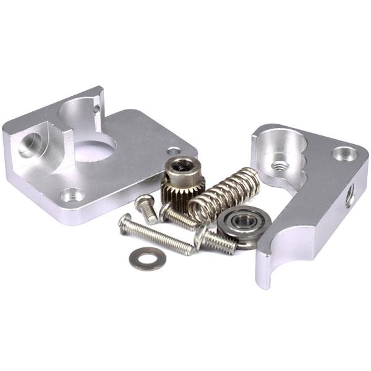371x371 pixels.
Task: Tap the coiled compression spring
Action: click(x=224, y=192)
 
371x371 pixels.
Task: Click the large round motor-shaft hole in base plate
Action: click(x=96, y=148)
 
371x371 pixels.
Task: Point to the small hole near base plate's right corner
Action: click(x=174, y=150)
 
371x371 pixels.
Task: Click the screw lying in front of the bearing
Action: click(x=216, y=241)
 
